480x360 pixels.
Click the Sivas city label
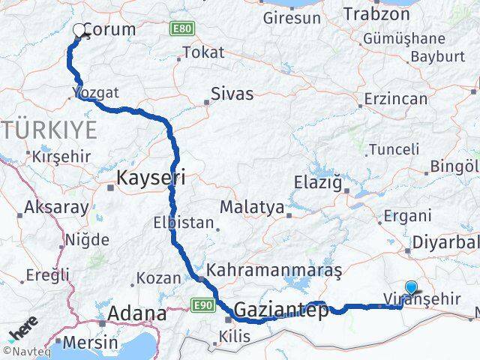(232, 94)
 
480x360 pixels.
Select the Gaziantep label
(281, 309)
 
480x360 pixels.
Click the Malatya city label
(251, 206)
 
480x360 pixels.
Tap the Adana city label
(137, 313)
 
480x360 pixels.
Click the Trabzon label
(373, 13)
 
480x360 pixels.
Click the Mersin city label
(91, 342)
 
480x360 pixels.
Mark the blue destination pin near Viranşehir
(411, 287)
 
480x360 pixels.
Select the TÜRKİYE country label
(49, 130)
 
